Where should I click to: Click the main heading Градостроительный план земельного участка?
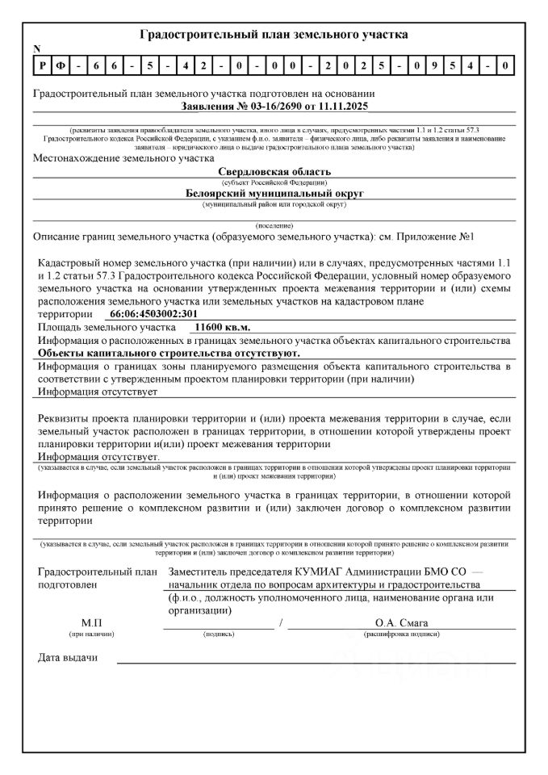click(x=274, y=35)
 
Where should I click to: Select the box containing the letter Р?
click(x=42, y=65)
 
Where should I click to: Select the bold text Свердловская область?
click(x=274, y=171)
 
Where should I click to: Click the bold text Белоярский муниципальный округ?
click(x=274, y=195)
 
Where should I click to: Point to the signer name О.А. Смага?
click(x=402, y=622)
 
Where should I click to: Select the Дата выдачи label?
click(x=68, y=657)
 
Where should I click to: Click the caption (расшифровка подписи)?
click(x=402, y=635)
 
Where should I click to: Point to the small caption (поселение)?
click(x=274, y=224)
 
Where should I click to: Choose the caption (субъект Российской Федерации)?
click(x=274, y=182)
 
